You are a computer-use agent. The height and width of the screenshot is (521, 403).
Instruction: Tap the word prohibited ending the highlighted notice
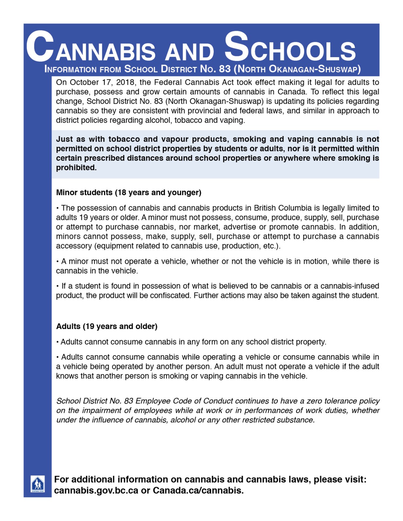76,167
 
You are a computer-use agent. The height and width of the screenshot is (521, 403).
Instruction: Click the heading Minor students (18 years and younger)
128,192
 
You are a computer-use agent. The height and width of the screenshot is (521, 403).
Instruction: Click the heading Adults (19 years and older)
107,326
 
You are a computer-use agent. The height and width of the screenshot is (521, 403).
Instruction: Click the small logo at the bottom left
38,483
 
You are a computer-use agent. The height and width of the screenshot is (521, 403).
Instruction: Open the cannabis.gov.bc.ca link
96,490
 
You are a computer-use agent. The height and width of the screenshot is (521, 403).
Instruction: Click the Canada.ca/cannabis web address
198,490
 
